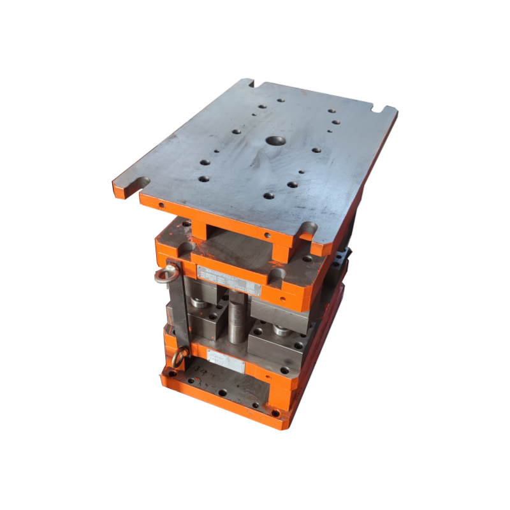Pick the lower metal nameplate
[226, 363]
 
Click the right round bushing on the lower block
[280, 330]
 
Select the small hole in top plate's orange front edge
[161, 205]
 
